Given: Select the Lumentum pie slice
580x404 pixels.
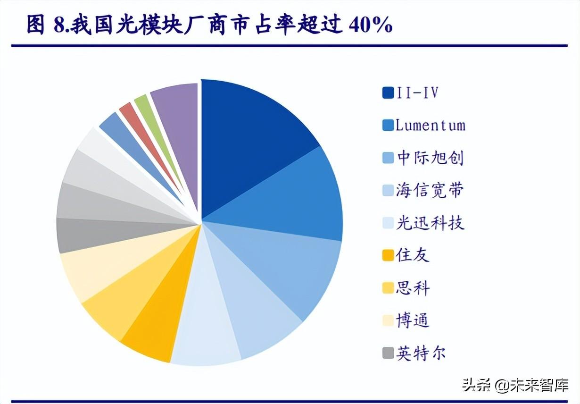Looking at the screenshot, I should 302,198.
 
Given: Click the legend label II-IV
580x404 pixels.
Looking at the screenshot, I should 417,93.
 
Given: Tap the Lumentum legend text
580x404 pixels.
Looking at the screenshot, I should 430,125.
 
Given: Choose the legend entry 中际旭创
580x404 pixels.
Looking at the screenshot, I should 430,158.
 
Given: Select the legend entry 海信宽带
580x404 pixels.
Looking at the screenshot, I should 430,190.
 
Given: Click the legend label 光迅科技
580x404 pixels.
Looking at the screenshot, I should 430,223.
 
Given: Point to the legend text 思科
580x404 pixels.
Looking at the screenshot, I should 413,288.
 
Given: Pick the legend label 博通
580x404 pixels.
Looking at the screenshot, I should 413,320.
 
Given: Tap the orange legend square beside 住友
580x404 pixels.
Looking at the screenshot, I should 388,256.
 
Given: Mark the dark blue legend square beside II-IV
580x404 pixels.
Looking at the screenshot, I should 388,93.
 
